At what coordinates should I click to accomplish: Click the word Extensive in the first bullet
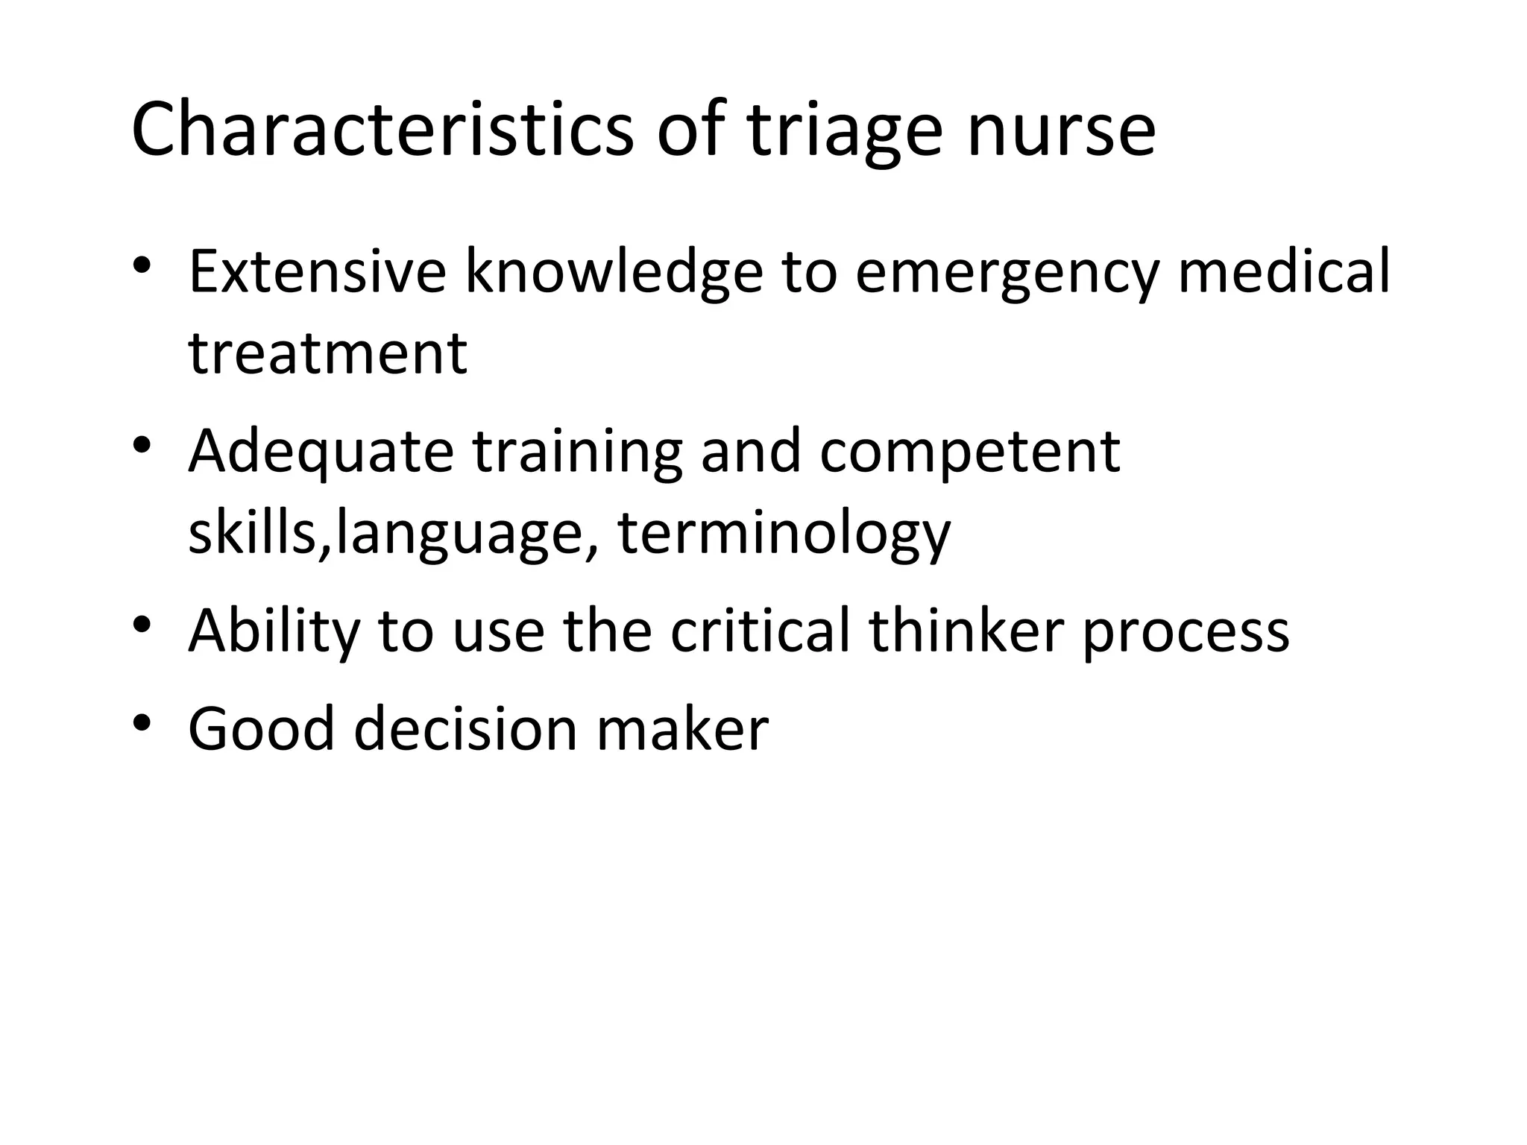(x=317, y=272)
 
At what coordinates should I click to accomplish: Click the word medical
(x=1283, y=272)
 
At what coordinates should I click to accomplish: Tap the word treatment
(x=327, y=353)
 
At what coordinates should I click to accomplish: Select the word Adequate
(x=321, y=453)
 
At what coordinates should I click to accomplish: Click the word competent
(x=969, y=453)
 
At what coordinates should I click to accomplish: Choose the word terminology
(x=784, y=535)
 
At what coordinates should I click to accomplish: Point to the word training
(x=577, y=453)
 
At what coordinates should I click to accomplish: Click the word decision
(x=465, y=729)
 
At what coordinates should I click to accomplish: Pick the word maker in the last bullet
(x=682, y=729)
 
